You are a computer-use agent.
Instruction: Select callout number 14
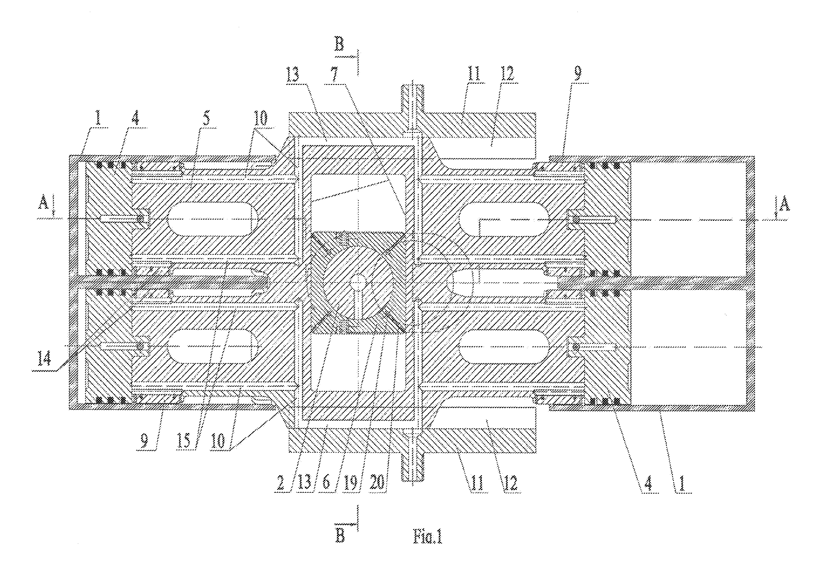tap(44, 359)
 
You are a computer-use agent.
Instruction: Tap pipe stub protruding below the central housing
tap(412, 466)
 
